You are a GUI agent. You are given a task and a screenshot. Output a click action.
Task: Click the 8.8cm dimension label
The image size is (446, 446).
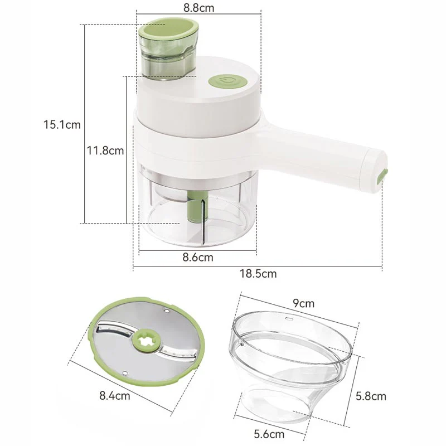[200, 8]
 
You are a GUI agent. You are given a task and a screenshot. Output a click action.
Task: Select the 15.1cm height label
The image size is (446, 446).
[62, 125]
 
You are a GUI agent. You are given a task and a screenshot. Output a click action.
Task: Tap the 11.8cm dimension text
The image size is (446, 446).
[105, 150]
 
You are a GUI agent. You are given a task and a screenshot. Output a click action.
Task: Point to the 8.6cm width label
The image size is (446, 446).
[198, 257]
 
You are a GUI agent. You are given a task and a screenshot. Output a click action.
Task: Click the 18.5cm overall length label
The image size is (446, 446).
[258, 274]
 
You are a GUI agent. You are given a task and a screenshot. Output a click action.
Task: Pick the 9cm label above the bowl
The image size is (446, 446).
[303, 304]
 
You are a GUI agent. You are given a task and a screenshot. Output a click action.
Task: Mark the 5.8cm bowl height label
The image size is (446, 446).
[371, 396]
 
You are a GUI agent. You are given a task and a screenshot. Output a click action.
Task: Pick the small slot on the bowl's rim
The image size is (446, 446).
[289, 320]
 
